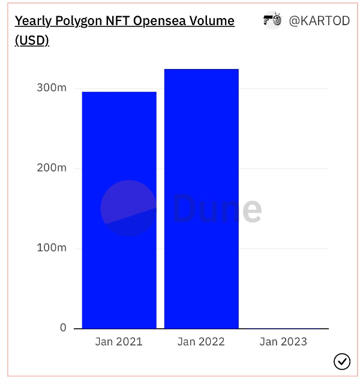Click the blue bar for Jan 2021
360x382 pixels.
[x=119, y=210]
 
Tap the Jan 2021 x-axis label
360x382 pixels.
[x=119, y=342]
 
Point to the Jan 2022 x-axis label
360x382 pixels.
[x=201, y=342]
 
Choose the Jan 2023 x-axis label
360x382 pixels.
[x=283, y=342]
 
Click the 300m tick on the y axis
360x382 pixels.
[x=52, y=88]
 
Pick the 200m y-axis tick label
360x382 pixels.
[x=52, y=168]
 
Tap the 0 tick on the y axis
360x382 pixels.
[x=63, y=327]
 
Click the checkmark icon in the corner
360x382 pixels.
[x=341, y=361]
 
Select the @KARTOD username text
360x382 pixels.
[x=319, y=21]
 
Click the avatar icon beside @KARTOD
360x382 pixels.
[x=272, y=20]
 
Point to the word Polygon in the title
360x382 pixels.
[x=78, y=21]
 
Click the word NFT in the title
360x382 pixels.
[x=119, y=21]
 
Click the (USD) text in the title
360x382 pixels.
[x=32, y=41]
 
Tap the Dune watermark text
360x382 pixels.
[x=217, y=209]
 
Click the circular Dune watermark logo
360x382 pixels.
[x=128, y=208]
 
